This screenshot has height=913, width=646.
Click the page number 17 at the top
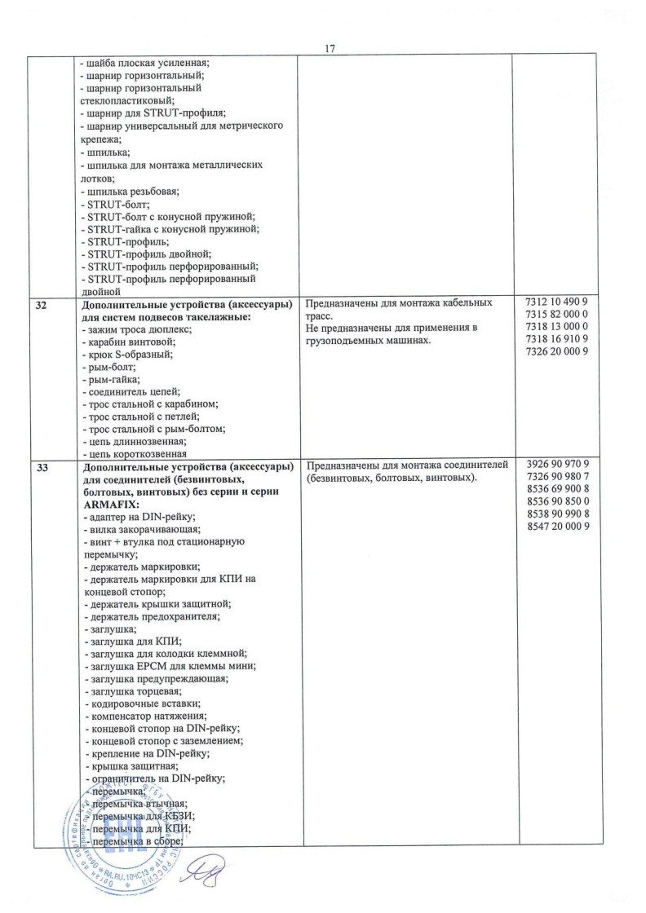(330, 47)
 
